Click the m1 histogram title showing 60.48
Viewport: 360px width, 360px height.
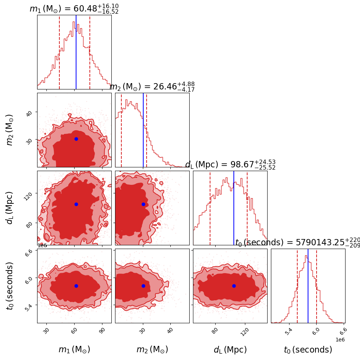(x=74, y=9)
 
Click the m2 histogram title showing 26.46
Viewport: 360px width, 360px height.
(x=152, y=86)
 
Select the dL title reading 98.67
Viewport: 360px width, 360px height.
(x=230, y=164)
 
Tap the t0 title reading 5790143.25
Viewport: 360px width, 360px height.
(x=297, y=243)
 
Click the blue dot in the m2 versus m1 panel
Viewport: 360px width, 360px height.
(x=76, y=139)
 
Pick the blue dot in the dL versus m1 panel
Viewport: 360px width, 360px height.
(x=76, y=204)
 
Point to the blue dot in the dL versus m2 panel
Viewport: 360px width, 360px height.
(x=143, y=204)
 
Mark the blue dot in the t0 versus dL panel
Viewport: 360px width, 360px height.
(x=234, y=286)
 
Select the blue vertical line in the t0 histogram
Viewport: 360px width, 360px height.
(x=308, y=286)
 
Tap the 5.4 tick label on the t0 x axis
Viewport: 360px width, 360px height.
(x=288, y=331)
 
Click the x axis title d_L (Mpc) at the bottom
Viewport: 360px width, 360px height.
(x=230, y=350)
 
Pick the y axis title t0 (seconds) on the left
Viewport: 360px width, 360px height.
(x=10, y=286)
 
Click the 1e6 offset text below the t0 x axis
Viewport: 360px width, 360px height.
(x=340, y=340)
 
